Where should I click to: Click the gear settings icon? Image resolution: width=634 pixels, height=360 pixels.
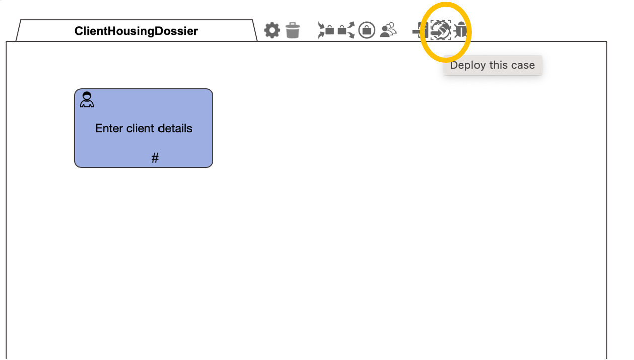(272, 30)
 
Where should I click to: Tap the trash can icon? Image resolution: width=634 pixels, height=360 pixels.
(293, 30)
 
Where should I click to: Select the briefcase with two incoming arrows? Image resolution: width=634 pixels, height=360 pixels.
(326, 30)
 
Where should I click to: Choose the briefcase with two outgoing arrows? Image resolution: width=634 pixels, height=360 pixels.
(346, 30)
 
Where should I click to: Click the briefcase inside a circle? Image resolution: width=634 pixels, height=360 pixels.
(367, 30)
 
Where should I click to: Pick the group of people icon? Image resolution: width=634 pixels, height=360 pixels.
(388, 30)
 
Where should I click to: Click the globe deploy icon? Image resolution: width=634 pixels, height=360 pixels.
(441, 30)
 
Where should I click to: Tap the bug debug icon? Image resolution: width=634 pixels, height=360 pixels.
(460, 30)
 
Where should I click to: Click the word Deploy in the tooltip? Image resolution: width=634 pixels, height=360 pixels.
(468, 66)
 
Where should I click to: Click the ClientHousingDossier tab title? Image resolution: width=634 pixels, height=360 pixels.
(136, 31)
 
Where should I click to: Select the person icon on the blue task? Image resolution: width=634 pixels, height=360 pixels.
(87, 99)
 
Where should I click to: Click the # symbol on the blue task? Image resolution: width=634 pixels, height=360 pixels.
(155, 158)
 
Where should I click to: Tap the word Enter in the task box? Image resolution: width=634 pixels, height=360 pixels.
(109, 128)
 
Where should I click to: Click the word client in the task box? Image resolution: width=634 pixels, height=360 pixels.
(140, 128)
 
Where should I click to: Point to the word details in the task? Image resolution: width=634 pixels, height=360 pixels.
(175, 128)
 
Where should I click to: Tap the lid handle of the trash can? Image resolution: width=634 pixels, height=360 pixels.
(293, 24)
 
